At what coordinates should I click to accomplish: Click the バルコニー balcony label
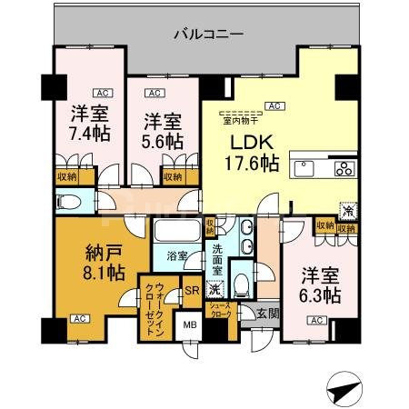(208, 35)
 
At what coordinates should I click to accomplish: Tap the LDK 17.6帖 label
(252, 154)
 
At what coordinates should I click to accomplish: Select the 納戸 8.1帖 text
(95, 261)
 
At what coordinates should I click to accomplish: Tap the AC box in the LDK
(273, 105)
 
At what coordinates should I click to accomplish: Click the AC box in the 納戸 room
(79, 319)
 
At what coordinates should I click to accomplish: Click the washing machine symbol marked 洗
(215, 290)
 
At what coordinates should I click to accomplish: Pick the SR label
(192, 291)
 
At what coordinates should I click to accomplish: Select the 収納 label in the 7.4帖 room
(65, 177)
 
